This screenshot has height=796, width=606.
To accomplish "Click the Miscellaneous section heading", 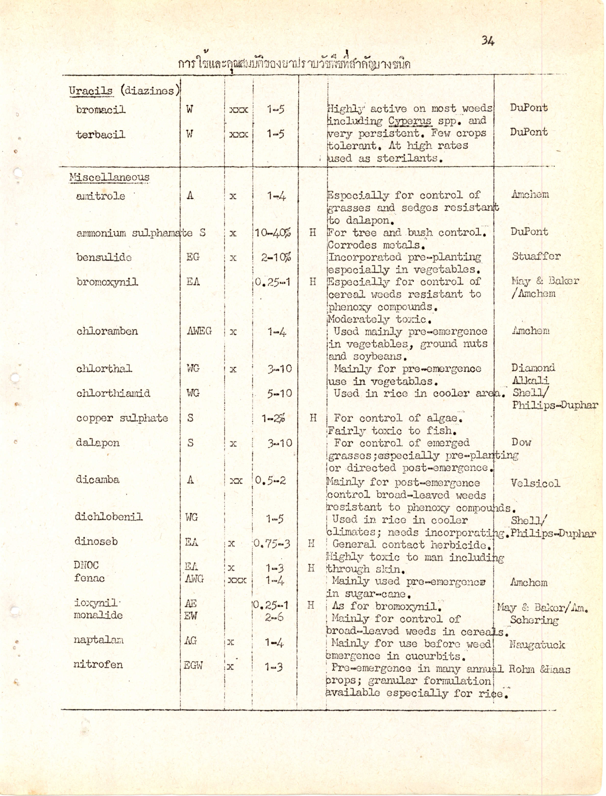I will click(109, 177).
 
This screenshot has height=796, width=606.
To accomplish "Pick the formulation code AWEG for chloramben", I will click(199, 331).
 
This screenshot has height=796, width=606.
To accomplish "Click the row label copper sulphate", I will click(122, 418).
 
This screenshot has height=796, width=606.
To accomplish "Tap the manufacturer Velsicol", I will click(535, 483).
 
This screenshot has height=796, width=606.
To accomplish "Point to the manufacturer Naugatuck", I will click(537, 645).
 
